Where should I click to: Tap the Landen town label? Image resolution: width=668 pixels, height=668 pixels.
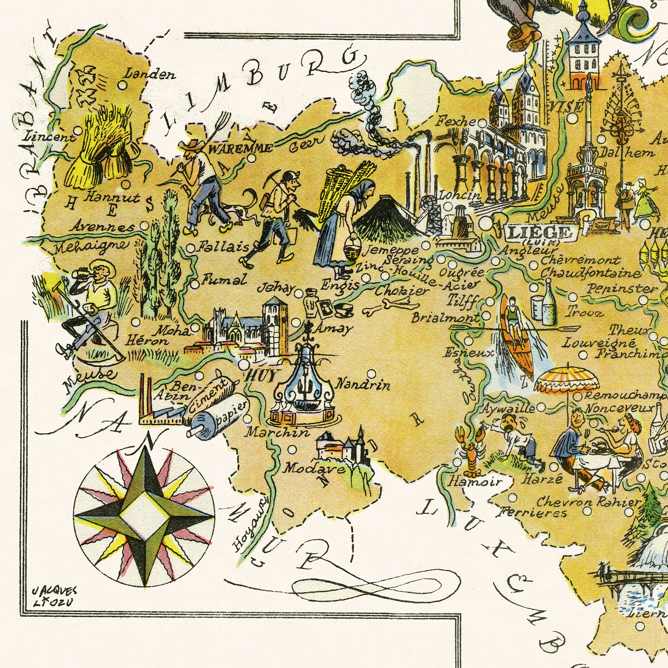(x=150, y=74)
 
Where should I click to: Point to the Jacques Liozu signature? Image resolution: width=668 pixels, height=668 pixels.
(x=54, y=597)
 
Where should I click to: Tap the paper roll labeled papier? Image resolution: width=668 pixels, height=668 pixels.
(x=218, y=419)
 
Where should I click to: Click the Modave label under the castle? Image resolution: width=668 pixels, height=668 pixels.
(x=314, y=469)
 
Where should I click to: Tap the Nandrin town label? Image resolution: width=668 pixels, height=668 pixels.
(x=363, y=384)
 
